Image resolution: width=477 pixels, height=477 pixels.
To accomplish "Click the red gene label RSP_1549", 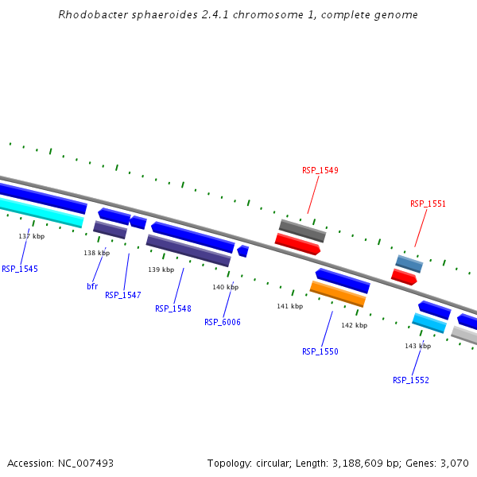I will click(x=320, y=170).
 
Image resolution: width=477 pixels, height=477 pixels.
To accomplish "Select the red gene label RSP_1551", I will click(x=428, y=204).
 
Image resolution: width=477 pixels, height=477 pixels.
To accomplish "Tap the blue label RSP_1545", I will click(x=20, y=269).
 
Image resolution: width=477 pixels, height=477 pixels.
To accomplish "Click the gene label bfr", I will click(x=92, y=285).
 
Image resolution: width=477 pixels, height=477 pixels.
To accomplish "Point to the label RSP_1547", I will click(x=122, y=295).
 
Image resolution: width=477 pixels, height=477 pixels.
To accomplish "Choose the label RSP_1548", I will click(x=173, y=308).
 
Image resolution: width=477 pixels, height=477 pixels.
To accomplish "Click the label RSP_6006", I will click(x=222, y=322).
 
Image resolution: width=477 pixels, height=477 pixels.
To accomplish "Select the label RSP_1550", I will click(x=320, y=351).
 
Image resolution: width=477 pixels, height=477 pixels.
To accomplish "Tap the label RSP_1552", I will click(x=410, y=380).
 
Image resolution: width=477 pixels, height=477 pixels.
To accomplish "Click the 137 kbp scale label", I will click(x=32, y=236).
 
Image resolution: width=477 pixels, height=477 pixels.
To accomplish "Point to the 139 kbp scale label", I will click(x=161, y=270).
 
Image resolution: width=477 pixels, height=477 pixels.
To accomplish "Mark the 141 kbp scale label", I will click(x=289, y=306).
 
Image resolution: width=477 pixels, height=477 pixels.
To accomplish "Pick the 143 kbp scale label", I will click(x=417, y=346).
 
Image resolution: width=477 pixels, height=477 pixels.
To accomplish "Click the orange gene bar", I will click(x=338, y=294).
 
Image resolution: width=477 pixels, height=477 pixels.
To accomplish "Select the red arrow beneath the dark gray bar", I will click(x=297, y=244).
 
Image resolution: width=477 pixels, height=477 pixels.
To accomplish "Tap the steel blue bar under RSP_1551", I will click(x=409, y=264).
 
